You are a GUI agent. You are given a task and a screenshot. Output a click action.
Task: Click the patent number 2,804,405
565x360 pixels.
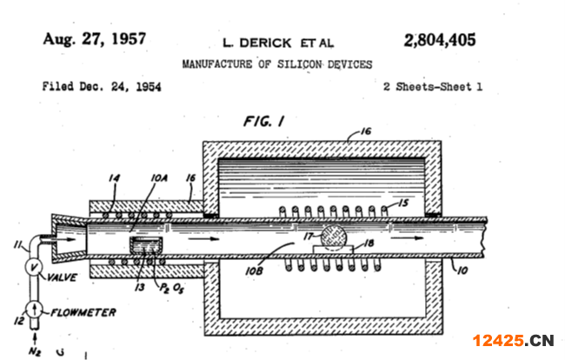click(440, 40)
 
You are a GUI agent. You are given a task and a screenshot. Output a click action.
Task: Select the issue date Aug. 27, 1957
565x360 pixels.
click(95, 39)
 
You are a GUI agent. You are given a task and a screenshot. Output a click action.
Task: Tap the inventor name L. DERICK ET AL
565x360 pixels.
click(278, 43)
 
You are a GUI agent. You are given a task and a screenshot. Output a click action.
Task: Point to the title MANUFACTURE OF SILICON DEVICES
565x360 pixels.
click(277, 64)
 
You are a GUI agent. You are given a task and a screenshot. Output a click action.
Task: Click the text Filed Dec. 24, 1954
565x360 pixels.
click(102, 86)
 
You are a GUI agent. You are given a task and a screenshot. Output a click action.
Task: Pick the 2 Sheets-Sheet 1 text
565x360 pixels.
click(433, 86)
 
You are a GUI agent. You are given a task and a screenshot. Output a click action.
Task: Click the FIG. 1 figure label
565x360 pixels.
click(264, 121)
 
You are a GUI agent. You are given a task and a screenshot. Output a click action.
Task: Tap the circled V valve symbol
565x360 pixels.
click(34, 267)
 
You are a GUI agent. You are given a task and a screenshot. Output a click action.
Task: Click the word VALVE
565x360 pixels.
click(63, 277)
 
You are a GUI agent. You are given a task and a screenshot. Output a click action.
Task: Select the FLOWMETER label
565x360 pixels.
click(83, 312)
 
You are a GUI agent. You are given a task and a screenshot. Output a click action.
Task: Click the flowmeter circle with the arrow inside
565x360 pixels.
click(34, 310)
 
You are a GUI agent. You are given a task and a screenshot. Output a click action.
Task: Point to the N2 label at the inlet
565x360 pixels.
click(35, 351)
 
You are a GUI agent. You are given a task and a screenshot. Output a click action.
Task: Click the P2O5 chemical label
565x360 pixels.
click(171, 288)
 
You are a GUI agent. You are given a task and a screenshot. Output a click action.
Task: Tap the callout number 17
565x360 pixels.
click(309, 237)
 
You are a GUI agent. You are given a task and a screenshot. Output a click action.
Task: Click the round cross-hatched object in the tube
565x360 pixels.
click(334, 237)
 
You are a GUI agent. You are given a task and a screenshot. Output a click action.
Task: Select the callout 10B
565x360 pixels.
click(254, 271)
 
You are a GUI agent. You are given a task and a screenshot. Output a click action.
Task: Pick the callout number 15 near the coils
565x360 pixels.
click(403, 203)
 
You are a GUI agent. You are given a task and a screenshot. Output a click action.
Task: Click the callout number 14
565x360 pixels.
click(114, 178)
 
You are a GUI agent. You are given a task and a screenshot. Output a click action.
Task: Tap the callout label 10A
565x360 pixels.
click(159, 178)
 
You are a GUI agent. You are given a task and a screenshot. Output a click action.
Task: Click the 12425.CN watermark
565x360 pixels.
click(513, 341)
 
